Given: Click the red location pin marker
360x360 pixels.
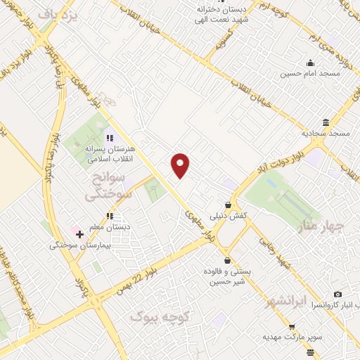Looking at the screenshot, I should (x=181, y=165).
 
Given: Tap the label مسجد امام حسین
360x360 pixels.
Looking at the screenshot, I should (x=311, y=72).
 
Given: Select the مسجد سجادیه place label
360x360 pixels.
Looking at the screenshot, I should (x=326, y=132).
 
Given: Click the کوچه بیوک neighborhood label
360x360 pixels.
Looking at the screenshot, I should (x=155, y=318).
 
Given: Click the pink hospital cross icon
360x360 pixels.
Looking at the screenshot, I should (x=79, y=233).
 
